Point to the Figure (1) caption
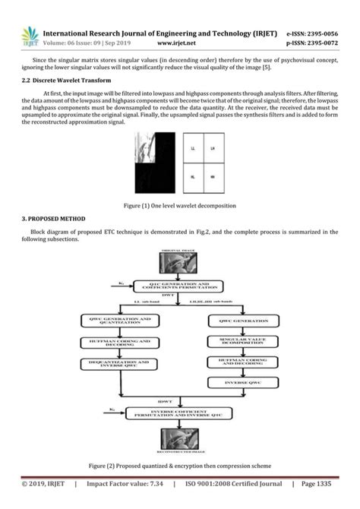click(x=179, y=206)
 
